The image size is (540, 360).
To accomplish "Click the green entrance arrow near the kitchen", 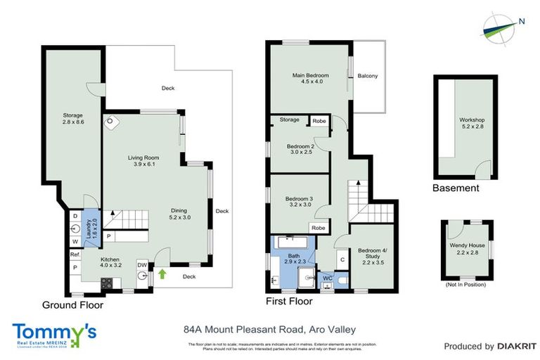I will tap(162, 274).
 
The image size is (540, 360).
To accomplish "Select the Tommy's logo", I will tap(53, 335).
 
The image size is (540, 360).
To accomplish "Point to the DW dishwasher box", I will tap(141, 265).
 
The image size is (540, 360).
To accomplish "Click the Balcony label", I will tap(368, 76).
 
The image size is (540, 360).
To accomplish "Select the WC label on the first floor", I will tap(326, 278).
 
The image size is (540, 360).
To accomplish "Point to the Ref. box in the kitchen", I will tap(74, 256).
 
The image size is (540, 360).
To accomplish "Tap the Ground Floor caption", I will tap(72, 305).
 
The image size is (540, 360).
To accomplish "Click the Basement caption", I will tap(456, 188).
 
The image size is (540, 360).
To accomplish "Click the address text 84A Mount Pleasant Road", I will tap(243, 329).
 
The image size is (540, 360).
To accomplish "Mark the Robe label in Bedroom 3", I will tap(319, 229).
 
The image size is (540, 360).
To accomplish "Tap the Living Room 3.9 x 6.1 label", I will tap(141, 161).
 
